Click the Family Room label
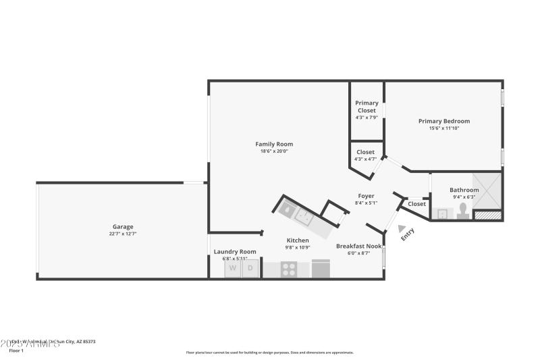click(274, 144)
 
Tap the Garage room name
click(123, 226)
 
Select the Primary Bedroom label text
click(443, 121)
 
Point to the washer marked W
click(233, 268)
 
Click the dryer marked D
click(250, 268)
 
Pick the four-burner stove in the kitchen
click(290, 269)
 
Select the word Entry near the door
click(408, 234)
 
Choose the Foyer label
click(366, 196)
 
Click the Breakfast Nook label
click(359, 246)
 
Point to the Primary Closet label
click(367, 107)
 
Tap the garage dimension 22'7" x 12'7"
click(123, 234)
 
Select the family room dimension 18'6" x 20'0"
click(274, 151)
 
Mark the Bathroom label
click(464, 190)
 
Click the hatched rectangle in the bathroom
click(488, 215)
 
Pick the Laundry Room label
click(235, 251)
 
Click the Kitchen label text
click(298, 240)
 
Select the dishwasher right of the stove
click(321, 269)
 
